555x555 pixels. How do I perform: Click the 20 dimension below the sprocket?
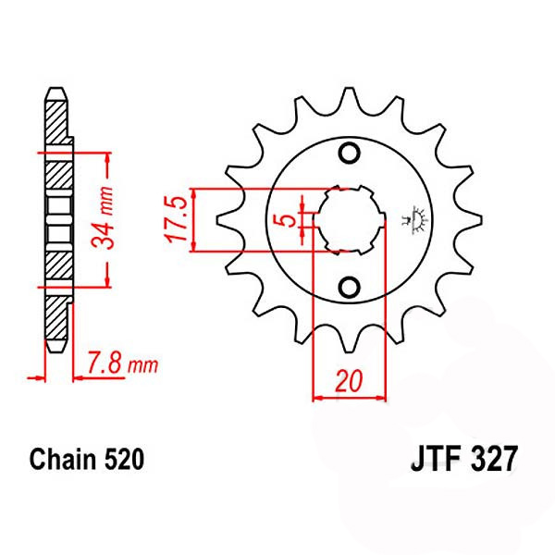point(349,382)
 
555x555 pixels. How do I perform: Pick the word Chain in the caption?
point(62,459)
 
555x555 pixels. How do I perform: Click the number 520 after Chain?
point(123,459)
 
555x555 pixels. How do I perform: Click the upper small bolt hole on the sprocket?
point(349,153)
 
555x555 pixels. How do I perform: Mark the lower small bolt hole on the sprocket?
point(349,288)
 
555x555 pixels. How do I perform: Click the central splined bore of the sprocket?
point(349,220)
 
